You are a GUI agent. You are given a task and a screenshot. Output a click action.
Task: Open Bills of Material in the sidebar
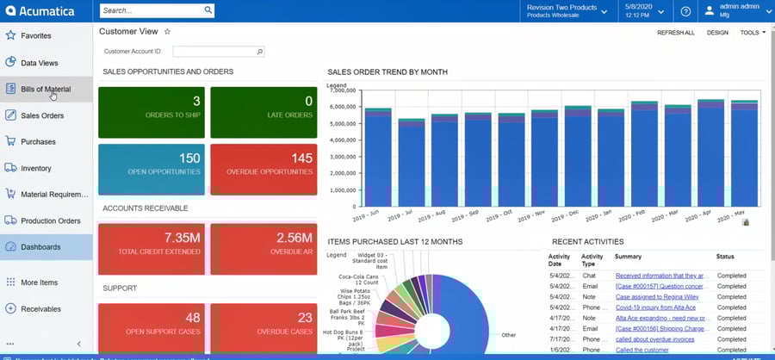(46, 89)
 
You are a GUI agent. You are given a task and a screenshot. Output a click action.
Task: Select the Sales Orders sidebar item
(42, 115)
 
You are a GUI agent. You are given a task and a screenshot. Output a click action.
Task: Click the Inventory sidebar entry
(36, 168)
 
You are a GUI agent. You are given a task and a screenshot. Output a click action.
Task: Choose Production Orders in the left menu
(51, 220)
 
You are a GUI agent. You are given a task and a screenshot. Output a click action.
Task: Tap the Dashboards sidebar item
(40, 247)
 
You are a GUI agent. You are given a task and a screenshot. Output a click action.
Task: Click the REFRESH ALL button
(675, 33)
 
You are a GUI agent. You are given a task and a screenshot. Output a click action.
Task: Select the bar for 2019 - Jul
(412, 164)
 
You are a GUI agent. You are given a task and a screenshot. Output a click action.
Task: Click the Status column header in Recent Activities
(725, 257)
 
